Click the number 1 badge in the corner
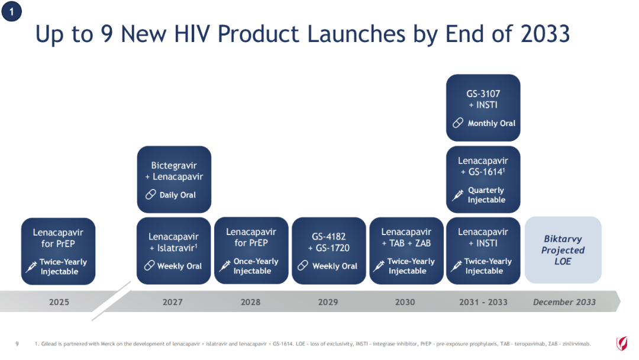(x=11, y=11)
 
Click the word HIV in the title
(x=192, y=33)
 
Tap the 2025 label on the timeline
(x=59, y=302)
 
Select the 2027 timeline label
(x=172, y=302)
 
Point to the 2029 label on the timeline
(x=328, y=302)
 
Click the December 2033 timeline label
(x=564, y=302)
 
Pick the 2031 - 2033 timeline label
(x=483, y=302)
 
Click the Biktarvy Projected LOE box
(x=563, y=250)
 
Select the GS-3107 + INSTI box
(x=483, y=108)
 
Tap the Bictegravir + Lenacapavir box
(x=174, y=179)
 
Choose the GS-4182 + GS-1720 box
(x=329, y=250)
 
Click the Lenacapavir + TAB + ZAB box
(x=406, y=250)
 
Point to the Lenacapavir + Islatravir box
(x=173, y=250)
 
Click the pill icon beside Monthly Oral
(x=458, y=123)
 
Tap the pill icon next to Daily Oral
(x=151, y=194)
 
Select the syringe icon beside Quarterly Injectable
(x=457, y=195)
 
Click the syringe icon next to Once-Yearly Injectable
(x=225, y=266)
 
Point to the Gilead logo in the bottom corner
(x=622, y=343)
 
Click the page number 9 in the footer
(x=17, y=343)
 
